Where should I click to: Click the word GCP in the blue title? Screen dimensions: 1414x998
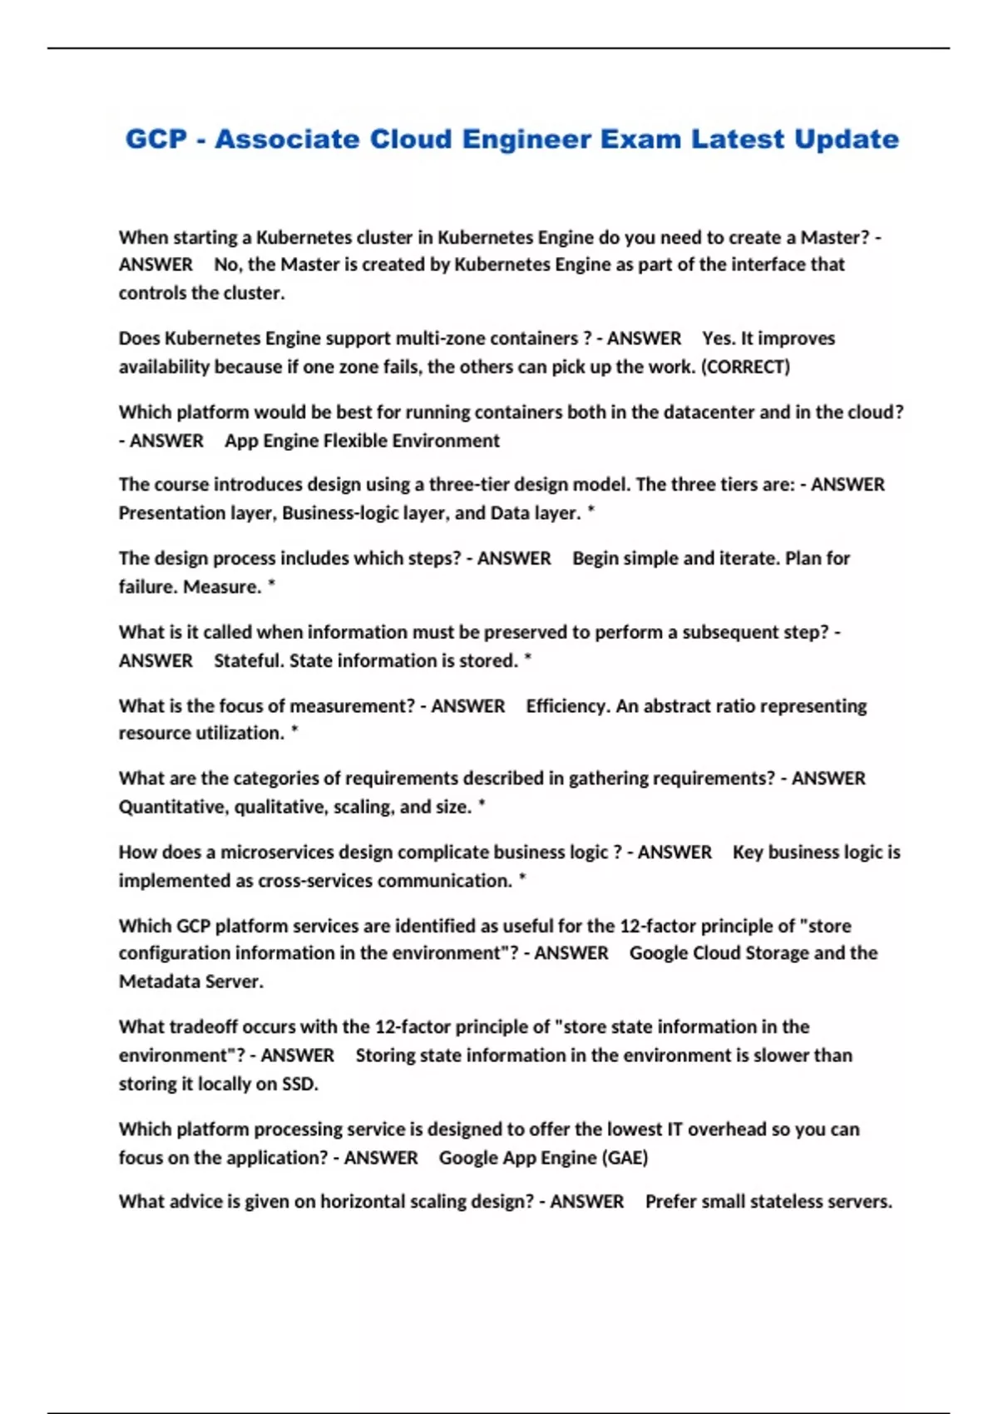156,139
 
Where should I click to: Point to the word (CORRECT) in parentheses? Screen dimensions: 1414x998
746,367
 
